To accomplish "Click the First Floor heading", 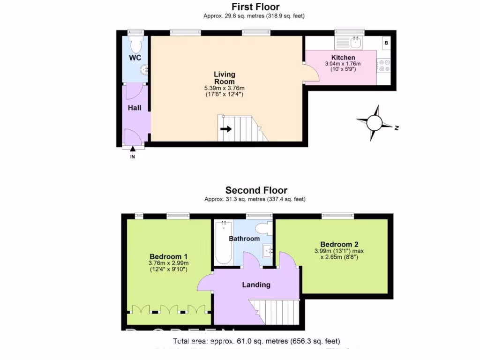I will (x=255, y=7).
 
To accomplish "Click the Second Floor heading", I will (x=256, y=190).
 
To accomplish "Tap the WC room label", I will (x=135, y=58).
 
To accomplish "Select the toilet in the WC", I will (x=136, y=45).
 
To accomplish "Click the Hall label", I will (x=135, y=108).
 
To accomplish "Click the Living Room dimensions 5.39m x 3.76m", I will (x=225, y=88).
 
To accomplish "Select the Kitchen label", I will (x=343, y=58).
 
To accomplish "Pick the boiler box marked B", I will (x=386, y=43).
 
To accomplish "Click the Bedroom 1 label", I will (x=169, y=256).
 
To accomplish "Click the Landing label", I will (x=256, y=285).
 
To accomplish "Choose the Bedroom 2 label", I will (x=339, y=244).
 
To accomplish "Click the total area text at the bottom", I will (x=256, y=341).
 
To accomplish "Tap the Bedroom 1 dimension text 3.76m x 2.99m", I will (x=169, y=263).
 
